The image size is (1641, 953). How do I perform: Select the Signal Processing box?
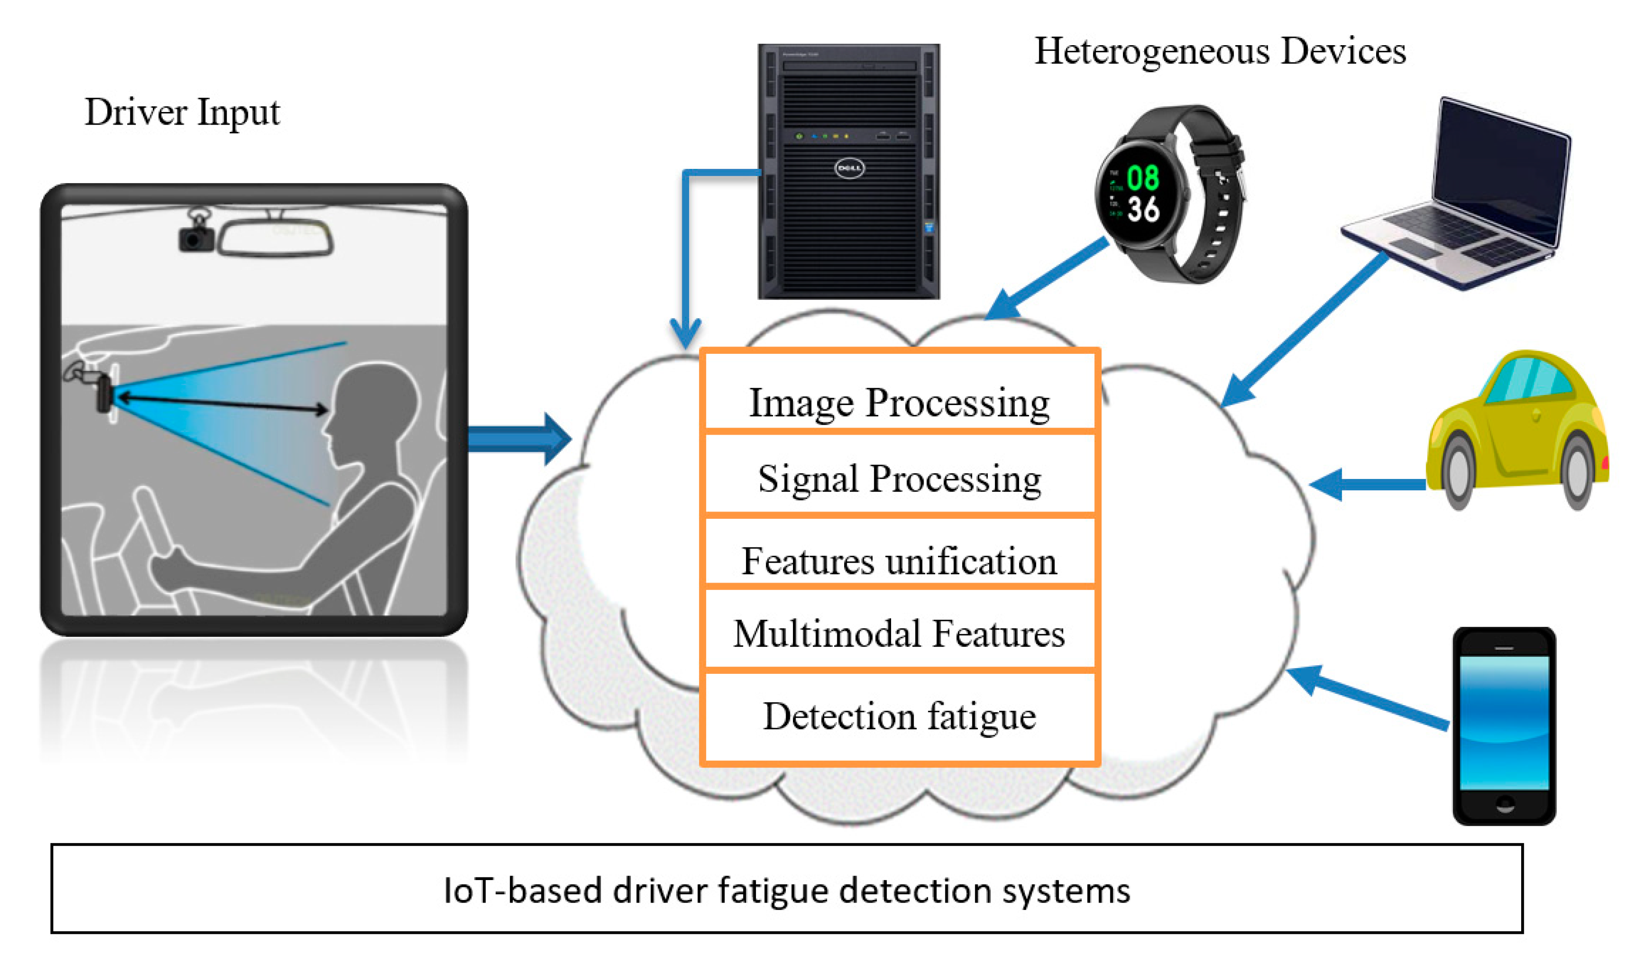[899, 478]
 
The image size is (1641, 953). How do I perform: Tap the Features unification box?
[899, 560]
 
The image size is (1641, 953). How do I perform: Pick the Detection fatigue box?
[899, 716]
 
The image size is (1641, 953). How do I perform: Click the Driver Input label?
[182, 112]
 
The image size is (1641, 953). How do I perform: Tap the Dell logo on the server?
[849, 168]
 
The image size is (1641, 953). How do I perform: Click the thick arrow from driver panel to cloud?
[518, 439]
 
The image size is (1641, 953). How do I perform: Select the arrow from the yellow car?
[1367, 484]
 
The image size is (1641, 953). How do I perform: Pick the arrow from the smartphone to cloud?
[1367, 700]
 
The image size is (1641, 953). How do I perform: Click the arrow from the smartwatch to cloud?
[1048, 277]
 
